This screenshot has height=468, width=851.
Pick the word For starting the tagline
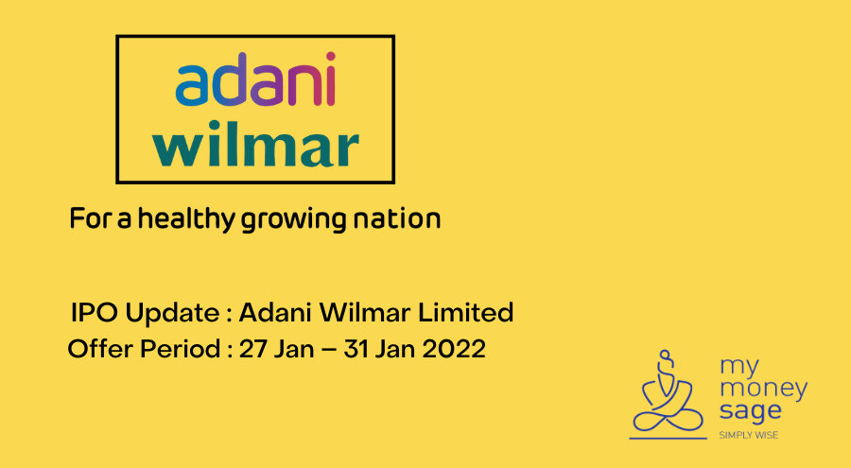pos(90,219)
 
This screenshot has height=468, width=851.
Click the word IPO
pos(92,312)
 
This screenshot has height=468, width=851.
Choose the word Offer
pos(98,349)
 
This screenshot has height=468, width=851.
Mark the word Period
pos(178,349)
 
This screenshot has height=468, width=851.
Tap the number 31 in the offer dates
pos(356,349)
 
